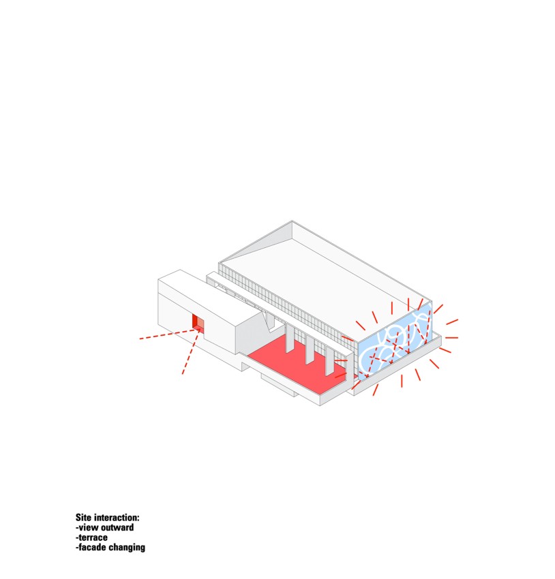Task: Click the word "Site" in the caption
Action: pyautogui.click(x=82, y=517)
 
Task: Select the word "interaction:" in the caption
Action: pyautogui.click(x=116, y=517)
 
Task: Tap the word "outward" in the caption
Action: pyautogui.click(x=117, y=527)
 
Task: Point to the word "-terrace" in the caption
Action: pyautogui.click(x=91, y=537)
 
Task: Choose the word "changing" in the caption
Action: pyautogui.click(x=127, y=548)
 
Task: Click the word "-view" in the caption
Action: pyautogui.click(x=87, y=527)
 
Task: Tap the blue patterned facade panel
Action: pyautogui.click(x=394, y=342)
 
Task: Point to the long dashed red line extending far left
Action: pyautogui.click(x=169, y=334)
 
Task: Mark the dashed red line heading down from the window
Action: pyautogui.click(x=191, y=352)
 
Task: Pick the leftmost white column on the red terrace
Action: pyautogui.click(x=290, y=338)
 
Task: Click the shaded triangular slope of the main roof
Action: pyautogui.click(x=255, y=245)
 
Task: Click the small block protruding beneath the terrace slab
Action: pyautogui.click(x=279, y=385)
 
